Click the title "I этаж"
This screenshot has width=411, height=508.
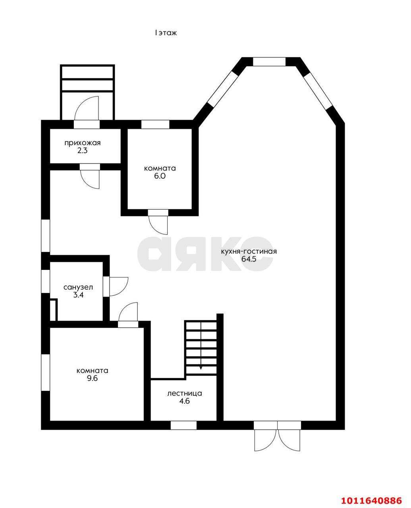[x=166, y=33]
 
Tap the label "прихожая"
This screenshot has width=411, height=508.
[x=83, y=143]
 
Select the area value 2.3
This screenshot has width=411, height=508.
[x=82, y=151]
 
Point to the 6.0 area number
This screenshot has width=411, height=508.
[x=160, y=176]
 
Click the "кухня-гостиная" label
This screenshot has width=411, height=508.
[x=249, y=251]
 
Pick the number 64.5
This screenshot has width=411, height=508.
[x=249, y=259]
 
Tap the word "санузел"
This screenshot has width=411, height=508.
[x=78, y=287]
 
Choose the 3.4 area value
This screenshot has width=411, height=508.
[x=78, y=295]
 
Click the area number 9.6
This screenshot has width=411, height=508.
[x=92, y=379]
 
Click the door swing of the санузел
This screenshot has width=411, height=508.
[x=119, y=287]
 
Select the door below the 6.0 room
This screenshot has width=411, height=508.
[x=158, y=222]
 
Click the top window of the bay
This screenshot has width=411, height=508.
[x=269, y=62]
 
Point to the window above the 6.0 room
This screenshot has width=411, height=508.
[x=155, y=125]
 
